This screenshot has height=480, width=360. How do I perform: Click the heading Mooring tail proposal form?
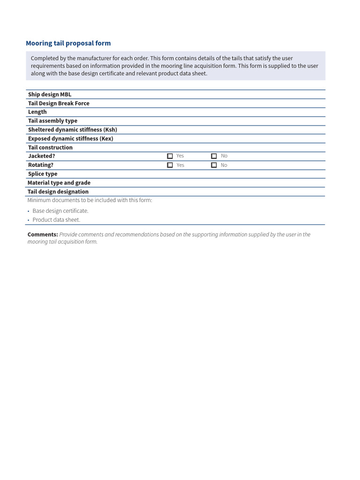click(x=68, y=43)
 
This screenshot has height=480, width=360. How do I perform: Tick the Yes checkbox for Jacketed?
click(x=170, y=156)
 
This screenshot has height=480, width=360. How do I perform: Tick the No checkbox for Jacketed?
click(x=214, y=156)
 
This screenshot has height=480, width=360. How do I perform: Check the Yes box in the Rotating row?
click(x=170, y=165)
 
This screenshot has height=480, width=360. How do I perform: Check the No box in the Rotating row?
click(x=214, y=165)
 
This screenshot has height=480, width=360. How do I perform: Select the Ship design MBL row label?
click(x=50, y=95)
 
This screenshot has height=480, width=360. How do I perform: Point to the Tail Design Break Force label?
click(x=59, y=103)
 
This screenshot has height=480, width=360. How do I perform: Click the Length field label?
click(x=37, y=112)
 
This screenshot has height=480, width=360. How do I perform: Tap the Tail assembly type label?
click(x=52, y=121)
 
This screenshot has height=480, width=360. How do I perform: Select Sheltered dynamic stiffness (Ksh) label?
click(x=73, y=130)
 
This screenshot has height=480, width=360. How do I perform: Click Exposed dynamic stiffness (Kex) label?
click(x=70, y=139)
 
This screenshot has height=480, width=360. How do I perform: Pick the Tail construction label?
click(x=50, y=148)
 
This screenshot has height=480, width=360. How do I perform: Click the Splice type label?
click(x=43, y=174)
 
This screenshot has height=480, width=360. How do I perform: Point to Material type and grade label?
click(x=59, y=183)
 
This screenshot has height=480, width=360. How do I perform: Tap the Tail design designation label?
click(x=58, y=192)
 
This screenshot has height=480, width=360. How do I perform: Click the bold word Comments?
click(x=43, y=234)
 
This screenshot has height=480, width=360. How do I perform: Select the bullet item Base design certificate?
click(x=60, y=211)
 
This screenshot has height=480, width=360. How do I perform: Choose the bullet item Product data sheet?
click(x=56, y=220)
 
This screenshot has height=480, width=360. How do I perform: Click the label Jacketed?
click(x=42, y=156)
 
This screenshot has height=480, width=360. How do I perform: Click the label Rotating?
click(x=41, y=165)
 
